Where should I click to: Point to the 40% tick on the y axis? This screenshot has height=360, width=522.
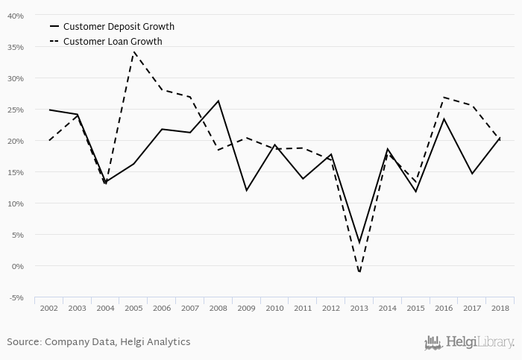(15, 16)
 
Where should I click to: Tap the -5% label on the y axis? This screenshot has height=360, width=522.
(16, 297)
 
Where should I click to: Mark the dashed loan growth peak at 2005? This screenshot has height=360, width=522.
(133, 52)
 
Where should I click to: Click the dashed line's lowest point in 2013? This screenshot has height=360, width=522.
(359, 272)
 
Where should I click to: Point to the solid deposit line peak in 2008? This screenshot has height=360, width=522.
(217, 101)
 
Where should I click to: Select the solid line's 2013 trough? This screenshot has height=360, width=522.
(359, 243)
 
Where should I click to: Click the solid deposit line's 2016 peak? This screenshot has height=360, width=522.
(443, 119)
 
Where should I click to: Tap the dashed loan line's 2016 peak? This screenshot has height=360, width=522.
(443, 97)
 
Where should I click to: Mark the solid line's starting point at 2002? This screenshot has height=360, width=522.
(49, 110)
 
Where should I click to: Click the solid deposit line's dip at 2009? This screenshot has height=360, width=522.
(246, 190)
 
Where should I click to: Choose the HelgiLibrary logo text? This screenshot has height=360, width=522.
(477, 342)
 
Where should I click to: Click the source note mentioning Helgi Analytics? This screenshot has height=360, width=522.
(98, 342)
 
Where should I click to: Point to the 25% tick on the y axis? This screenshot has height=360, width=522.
(15, 110)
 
